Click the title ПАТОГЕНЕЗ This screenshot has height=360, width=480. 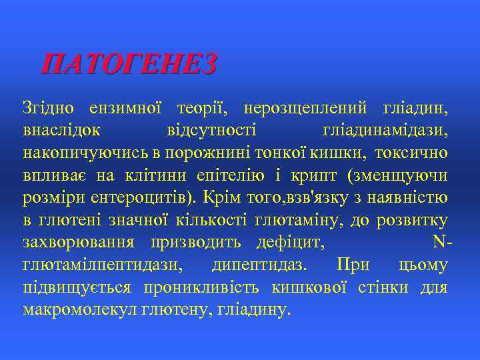coord(129,65)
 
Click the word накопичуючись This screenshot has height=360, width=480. coord(86,153)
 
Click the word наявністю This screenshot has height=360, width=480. coord(410,198)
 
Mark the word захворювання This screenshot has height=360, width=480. coord(79,243)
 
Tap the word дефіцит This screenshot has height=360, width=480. coord(293,243)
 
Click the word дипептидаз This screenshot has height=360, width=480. coord(259,265)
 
